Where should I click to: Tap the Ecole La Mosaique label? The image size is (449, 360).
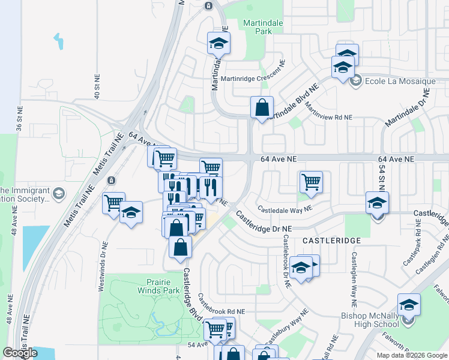pyautogui.click(x=392, y=81)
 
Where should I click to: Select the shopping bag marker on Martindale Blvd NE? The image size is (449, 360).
pyautogui.click(x=262, y=109)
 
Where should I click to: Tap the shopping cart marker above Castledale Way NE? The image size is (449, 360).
pyautogui.click(x=311, y=182)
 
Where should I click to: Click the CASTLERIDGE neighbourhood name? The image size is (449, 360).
pyautogui.click(x=331, y=240)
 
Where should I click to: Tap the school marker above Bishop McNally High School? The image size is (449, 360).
pyautogui.click(x=409, y=306)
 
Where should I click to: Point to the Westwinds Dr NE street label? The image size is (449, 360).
pyautogui.click(x=103, y=266)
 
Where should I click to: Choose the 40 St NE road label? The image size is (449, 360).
pyautogui.click(x=96, y=87)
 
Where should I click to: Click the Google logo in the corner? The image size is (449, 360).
pyautogui.click(x=20, y=353)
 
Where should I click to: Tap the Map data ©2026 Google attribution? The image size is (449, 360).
pyautogui.click(x=411, y=355)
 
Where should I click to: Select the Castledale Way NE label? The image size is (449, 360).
pyautogui.click(x=285, y=209)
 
